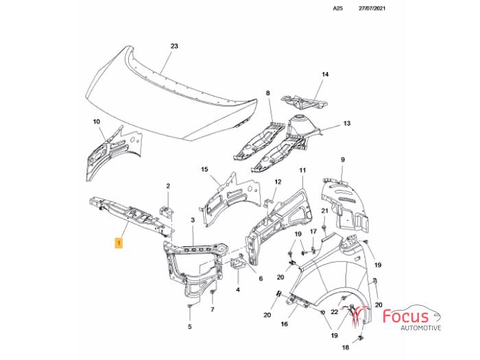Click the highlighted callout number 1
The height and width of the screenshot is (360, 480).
click(119, 243)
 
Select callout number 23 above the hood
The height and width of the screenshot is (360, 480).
click(174, 46)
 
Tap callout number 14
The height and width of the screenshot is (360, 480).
click(326, 74)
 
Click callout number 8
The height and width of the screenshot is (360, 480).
click(268, 93)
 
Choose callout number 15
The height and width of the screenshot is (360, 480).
click(204, 169)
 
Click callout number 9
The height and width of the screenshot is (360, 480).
click(344, 160)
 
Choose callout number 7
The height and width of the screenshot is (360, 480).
click(213, 309)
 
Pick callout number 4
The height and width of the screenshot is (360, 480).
click(237, 289)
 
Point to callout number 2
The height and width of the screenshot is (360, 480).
click(168, 185)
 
